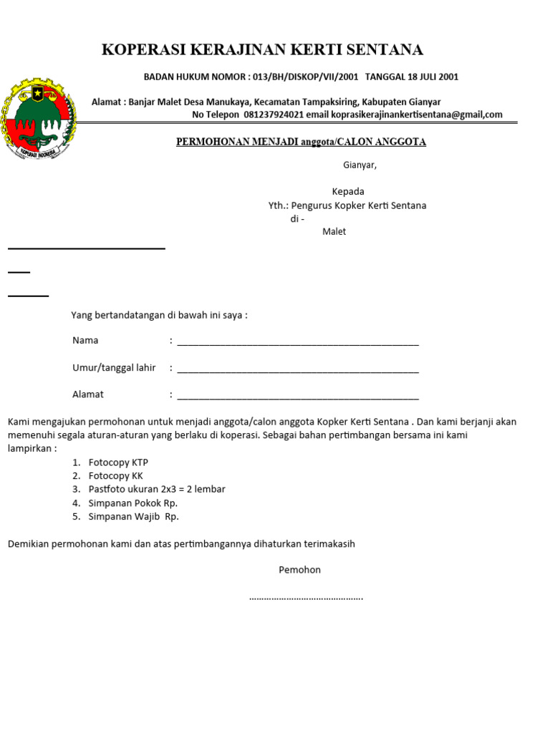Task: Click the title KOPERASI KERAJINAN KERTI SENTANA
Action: pyautogui.click(x=262, y=49)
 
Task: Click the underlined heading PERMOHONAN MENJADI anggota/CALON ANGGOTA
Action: pyautogui.click(x=301, y=142)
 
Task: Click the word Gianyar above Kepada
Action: pyautogui.click(x=359, y=165)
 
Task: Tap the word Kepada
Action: pyautogui.click(x=347, y=192)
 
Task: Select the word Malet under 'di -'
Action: pyautogui.click(x=334, y=232)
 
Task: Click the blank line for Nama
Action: pyautogui.click(x=297, y=342)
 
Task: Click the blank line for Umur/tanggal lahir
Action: pyautogui.click(x=297, y=370)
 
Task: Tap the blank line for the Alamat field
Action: pyautogui.click(x=297, y=397)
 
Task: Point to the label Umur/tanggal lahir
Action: pyautogui.click(x=114, y=368)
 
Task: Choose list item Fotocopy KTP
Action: pyautogui.click(x=118, y=462)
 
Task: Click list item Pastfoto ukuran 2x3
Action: pyautogui.click(x=156, y=490)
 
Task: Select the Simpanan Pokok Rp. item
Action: pyautogui.click(x=132, y=503)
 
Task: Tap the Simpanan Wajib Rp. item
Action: pyautogui.click(x=133, y=517)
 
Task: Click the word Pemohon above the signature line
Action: pyautogui.click(x=299, y=571)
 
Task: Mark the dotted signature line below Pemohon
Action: pyautogui.click(x=306, y=597)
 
